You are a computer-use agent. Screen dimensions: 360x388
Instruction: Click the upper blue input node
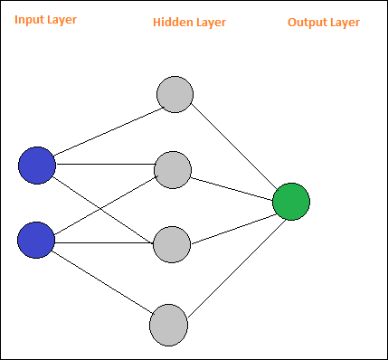pos(37,166)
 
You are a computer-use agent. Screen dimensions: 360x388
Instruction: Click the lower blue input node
pos(36,240)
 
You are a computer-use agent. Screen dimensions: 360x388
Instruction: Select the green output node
pos(291,201)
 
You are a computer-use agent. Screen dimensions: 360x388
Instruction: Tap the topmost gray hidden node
pos(175,94)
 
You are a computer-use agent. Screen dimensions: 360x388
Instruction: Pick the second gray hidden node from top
pos(173,169)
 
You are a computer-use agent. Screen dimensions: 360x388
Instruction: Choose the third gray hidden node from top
pos(172,243)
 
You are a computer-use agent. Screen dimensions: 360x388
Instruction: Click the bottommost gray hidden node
pos(168,324)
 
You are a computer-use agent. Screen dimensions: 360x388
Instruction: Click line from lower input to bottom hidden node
pos(104,282)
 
